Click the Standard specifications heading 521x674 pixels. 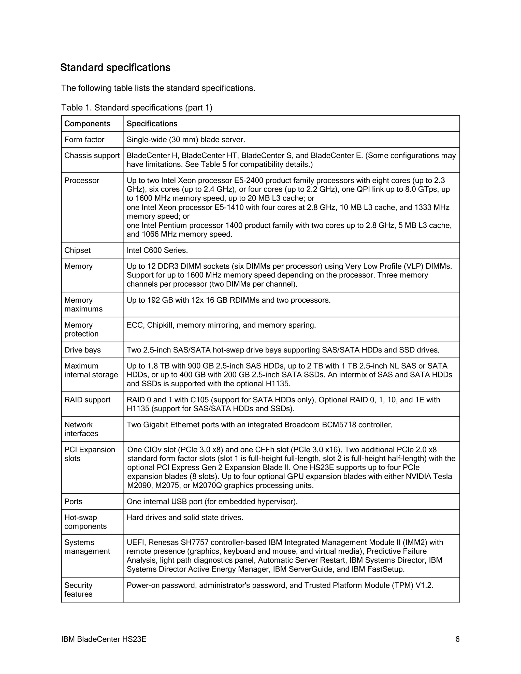pyautogui.click(x=115, y=68)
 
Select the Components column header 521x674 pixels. pyautogui.click(x=87, y=124)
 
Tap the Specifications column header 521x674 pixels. pyautogui.click(x=152, y=124)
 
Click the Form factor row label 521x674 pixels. pyautogui.click(x=84, y=140)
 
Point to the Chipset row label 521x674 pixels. pyautogui.click(x=78, y=250)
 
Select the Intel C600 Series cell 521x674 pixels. pyautogui.click(x=157, y=250)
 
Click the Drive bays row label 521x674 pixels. pyautogui.click(x=82, y=350)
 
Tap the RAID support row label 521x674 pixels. pyautogui.click(x=87, y=400)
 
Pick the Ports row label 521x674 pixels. pyautogui.click(x=73, y=502)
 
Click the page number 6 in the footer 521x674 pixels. pyautogui.click(x=457, y=639)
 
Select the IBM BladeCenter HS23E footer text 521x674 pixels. pyautogui.click(x=104, y=639)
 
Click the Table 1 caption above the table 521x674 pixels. pyautogui.click(x=137, y=108)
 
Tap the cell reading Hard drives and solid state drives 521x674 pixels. pyautogui.click(x=185, y=518)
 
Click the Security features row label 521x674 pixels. pyautogui.click(x=78, y=590)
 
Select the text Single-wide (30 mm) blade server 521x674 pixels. pyautogui.click(x=186, y=140)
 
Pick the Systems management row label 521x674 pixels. pyautogui.click(x=87, y=547)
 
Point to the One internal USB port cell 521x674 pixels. pyautogui.click(x=212, y=502)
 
